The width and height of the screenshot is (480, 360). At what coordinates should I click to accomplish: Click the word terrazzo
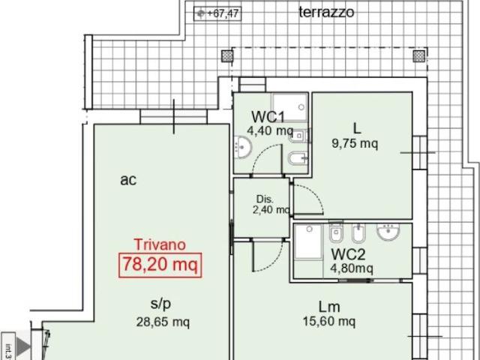326,12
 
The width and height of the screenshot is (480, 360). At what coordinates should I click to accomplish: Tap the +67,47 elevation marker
217,13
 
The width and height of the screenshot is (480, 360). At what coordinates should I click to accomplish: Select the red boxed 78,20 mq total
160,265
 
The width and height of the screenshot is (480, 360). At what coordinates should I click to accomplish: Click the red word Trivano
160,244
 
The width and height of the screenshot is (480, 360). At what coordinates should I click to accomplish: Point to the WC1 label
268,117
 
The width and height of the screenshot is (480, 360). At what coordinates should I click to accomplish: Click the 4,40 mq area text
270,131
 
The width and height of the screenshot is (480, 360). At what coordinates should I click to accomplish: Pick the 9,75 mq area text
355,143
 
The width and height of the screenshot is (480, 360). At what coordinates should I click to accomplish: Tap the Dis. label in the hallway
265,199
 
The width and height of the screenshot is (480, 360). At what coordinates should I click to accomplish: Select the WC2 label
348,254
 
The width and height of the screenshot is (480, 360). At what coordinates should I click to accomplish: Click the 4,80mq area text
352,268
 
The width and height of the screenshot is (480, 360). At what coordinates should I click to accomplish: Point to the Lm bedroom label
329,307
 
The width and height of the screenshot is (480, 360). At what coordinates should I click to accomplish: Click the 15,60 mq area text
329,322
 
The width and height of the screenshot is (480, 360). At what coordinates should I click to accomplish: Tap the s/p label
160,304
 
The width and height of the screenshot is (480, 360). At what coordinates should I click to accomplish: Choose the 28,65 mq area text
163,322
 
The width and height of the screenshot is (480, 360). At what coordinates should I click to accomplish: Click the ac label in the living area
128,180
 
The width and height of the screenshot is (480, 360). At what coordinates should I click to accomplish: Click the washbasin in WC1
243,148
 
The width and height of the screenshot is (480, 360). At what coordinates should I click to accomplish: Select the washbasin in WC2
388,232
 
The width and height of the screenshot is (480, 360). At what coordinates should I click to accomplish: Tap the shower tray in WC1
290,106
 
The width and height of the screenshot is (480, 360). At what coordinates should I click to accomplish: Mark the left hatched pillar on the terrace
227,56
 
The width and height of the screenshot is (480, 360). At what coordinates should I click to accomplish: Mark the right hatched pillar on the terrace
419,56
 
